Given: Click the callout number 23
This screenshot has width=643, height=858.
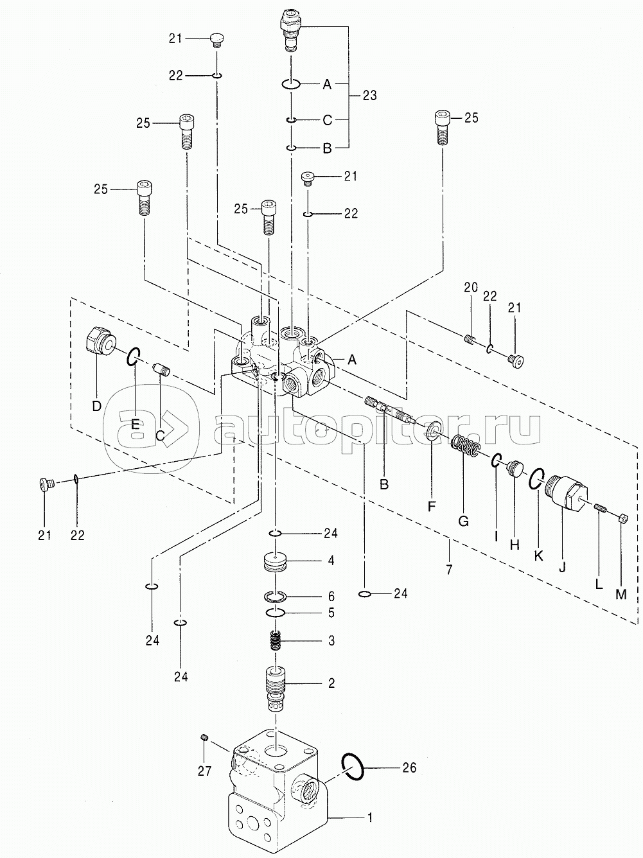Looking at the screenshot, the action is (x=369, y=96).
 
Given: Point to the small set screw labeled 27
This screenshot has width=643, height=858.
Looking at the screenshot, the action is (x=204, y=737).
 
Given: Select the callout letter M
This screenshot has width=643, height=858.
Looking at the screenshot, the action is (x=621, y=595).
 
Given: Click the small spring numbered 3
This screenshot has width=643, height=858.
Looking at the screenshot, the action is (x=276, y=641).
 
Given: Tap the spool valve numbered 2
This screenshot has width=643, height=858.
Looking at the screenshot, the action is (x=276, y=690).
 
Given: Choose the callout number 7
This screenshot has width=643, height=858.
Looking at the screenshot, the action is (x=449, y=570).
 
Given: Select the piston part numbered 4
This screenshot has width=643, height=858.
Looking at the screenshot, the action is (x=276, y=562).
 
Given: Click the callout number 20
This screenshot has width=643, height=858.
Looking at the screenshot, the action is (x=471, y=288).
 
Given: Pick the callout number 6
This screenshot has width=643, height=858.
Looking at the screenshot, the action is (x=331, y=596).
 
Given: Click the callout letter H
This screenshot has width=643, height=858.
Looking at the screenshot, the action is (x=515, y=545).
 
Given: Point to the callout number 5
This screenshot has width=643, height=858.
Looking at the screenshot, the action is (x=331, y=613).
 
